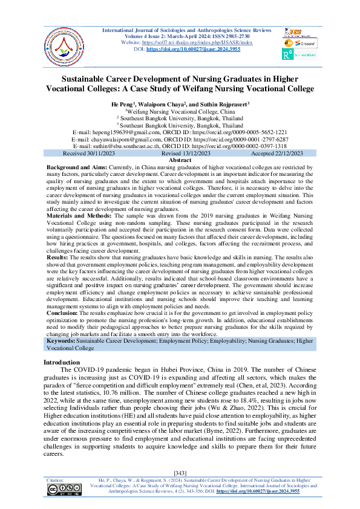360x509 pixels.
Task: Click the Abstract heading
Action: [x=180, y=160]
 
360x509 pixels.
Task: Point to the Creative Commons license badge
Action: [x=64, y=489]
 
